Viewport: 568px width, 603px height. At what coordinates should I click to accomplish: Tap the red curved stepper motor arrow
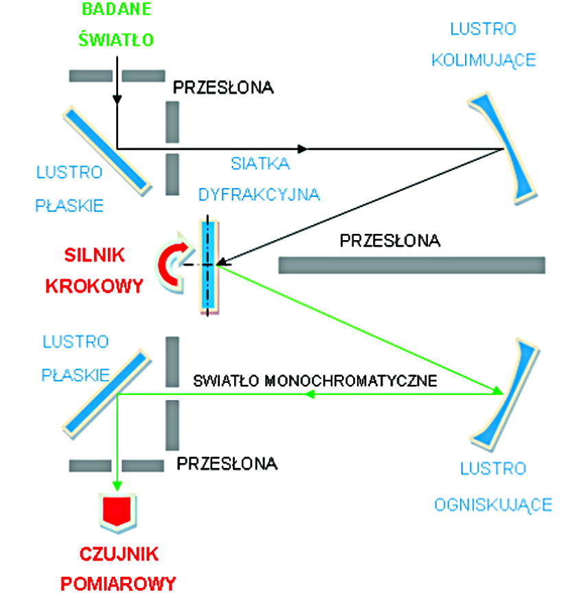(168, 263)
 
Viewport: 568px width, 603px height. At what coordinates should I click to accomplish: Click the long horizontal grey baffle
(411, 264)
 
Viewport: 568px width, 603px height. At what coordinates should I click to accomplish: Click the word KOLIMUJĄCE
(484, 60)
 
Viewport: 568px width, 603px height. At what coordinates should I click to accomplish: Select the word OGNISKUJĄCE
(492, 506)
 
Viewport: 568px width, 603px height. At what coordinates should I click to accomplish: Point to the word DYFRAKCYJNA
(259, 194)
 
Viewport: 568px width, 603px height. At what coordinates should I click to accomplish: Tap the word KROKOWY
(94, 285)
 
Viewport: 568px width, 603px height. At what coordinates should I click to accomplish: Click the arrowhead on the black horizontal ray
(303, 148)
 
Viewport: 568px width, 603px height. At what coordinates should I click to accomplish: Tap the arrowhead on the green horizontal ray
(310, 394)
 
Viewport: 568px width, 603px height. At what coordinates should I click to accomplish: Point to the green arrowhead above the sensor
(118, 484)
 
